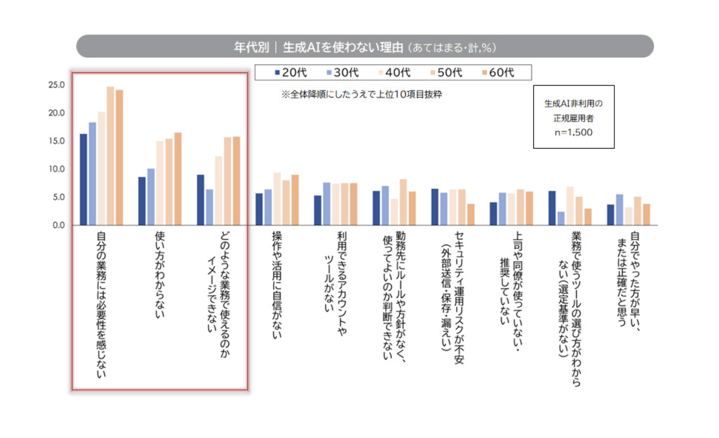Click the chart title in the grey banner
click(365, 47)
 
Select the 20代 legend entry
click(291, 73)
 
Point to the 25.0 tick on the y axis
click(57, 85)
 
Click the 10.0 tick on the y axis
click(57, 169)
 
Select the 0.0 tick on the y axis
click(58, 225)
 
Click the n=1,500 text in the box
click(573, 132)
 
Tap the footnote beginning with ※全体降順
click(362, 95)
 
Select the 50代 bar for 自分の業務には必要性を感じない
click(110, 156)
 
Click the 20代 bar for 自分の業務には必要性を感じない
click(84, 180)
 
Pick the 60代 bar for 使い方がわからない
click(178, 179)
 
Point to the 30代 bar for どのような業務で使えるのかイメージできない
click(210, 207)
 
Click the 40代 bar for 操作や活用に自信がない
click(277, 199)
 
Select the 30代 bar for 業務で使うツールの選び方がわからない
click(561, 219)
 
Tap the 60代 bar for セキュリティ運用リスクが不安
click(471, 214)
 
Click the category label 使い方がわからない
click(160, 274)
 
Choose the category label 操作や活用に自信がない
click(277, 285)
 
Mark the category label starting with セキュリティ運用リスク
click(453, 297)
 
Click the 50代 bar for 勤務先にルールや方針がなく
click(403, 202)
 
